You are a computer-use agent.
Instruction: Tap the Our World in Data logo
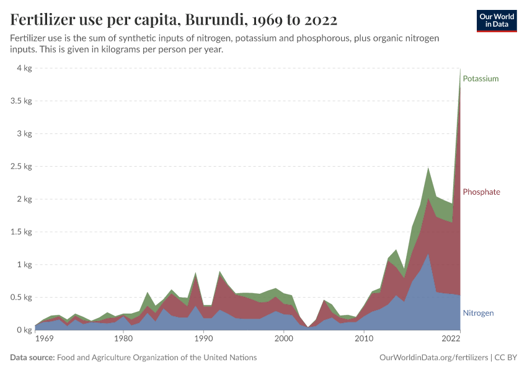click(496, 20)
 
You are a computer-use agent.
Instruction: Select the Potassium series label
click(480, 79)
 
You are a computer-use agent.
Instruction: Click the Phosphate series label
click(481, 192)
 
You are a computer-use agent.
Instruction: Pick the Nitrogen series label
click(478, 313)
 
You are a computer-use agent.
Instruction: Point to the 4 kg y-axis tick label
click(24, 68)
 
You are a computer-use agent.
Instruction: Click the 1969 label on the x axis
click(43, 340)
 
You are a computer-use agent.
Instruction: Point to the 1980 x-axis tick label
click(123, 340)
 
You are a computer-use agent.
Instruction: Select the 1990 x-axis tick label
click(203, 340)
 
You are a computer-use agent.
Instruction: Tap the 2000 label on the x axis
click(283, 340)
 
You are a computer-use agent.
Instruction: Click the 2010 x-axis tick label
click(364, 340)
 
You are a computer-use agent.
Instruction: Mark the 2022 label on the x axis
click(451, 340)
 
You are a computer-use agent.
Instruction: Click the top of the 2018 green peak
click(428, 167)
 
